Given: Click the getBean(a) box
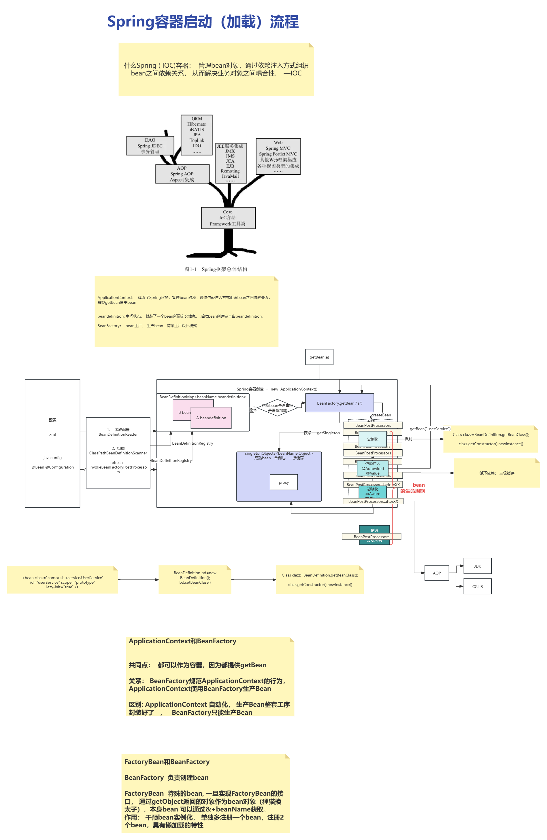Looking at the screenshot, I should [319, 357].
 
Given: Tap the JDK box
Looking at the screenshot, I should [478, 566].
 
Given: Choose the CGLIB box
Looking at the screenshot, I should [478, 587].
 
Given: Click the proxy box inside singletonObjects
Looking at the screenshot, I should [284, 482].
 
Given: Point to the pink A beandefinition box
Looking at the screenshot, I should [211, 418].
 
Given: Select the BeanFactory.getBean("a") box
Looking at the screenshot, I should [339, 403].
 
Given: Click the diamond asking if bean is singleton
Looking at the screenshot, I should [277, 408].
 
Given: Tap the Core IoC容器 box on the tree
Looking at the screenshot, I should [228, 218].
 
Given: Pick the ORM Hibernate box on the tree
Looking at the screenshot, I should [197, 135].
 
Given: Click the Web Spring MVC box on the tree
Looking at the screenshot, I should [278, 156].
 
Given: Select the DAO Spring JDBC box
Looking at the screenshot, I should [150, 146].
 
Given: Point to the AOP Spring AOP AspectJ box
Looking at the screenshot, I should [182, 174].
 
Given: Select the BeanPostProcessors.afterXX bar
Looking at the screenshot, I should [373, 501].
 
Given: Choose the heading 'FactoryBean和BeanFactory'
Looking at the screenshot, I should [167, 762].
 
